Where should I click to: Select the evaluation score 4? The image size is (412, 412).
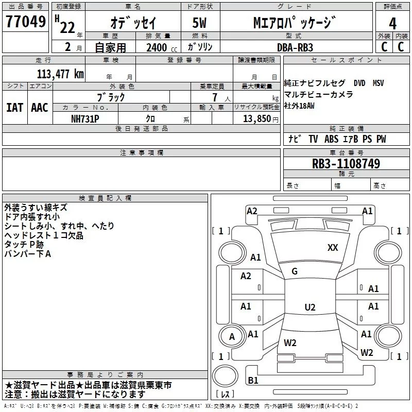coord(392,23)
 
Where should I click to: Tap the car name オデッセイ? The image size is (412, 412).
coord(133,23)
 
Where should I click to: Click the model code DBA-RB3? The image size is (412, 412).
coord(295,47)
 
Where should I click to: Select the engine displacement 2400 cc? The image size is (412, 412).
coord(158,47)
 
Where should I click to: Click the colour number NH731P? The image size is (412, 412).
coord(85,118)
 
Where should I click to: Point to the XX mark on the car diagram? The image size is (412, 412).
coord(333,248)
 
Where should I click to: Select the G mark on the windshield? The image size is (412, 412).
coord(294,271)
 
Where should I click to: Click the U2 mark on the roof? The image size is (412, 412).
coord(310,307)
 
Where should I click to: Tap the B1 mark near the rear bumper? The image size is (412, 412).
coord(253,381)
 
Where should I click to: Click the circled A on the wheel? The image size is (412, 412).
coord(232,337)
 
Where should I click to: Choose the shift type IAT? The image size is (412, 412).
coord(14,108)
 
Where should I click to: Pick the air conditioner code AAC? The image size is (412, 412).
coord(39,108)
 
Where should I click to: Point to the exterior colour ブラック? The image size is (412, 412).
coord(111,97)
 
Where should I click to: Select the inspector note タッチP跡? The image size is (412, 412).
coord(24,245)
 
